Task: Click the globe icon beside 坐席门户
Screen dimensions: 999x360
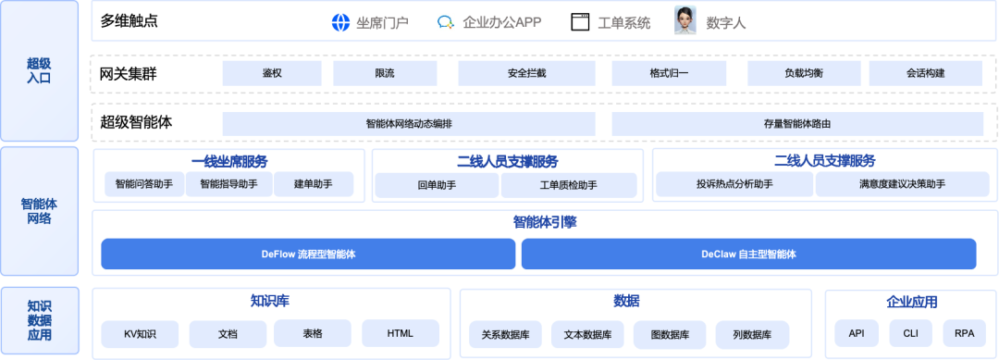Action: [x=340, y=22]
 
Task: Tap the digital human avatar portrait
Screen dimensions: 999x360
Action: [x=684, y=20]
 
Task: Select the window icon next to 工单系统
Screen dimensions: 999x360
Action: [x=580, y=22]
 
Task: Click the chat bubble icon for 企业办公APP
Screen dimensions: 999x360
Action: [x=445, y=22]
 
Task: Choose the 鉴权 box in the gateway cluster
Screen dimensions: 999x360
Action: [x=272, y=73]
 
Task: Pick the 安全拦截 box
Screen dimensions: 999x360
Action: [x=527, y=73]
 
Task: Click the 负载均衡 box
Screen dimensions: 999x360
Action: [x=804, y=73]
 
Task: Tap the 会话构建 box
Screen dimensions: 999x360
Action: [x=926, y=73]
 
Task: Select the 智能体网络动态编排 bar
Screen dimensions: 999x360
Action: [x=409, y=124]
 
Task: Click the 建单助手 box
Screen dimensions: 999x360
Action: [x=314, y=184]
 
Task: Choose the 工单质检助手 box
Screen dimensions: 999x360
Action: [x=569, y=185]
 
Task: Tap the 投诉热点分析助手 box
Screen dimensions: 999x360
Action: [x=734, y=184]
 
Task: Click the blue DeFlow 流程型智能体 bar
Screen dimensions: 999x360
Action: [x=308, y=254]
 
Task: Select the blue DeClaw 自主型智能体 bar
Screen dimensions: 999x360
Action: [x=748, y=254]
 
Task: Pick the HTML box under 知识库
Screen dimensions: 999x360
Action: [x=401, y=334]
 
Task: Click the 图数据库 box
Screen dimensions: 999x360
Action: [x=670, y=334]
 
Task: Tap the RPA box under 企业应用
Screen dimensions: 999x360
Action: [x=964, y=334]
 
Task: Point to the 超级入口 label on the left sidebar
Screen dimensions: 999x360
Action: [x=39, y=70]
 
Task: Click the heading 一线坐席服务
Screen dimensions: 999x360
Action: [x=229, y=161]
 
